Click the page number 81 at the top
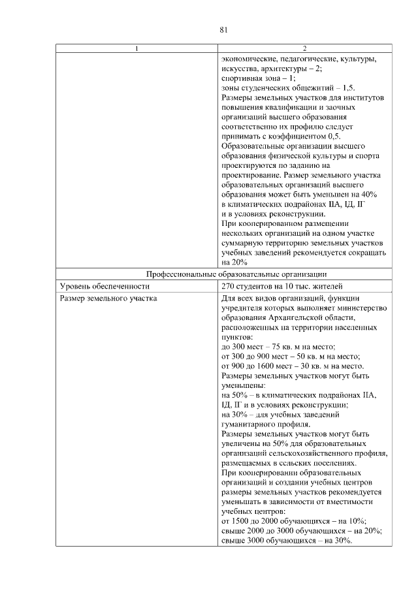click(x=223, y=29)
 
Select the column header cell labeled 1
click(x=136, y=48)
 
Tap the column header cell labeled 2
click(x=304, y=48)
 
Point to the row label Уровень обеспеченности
click(x=100, y=286)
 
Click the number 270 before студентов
click(x=229, y=286)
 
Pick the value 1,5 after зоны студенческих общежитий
click(x=348, y=88)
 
